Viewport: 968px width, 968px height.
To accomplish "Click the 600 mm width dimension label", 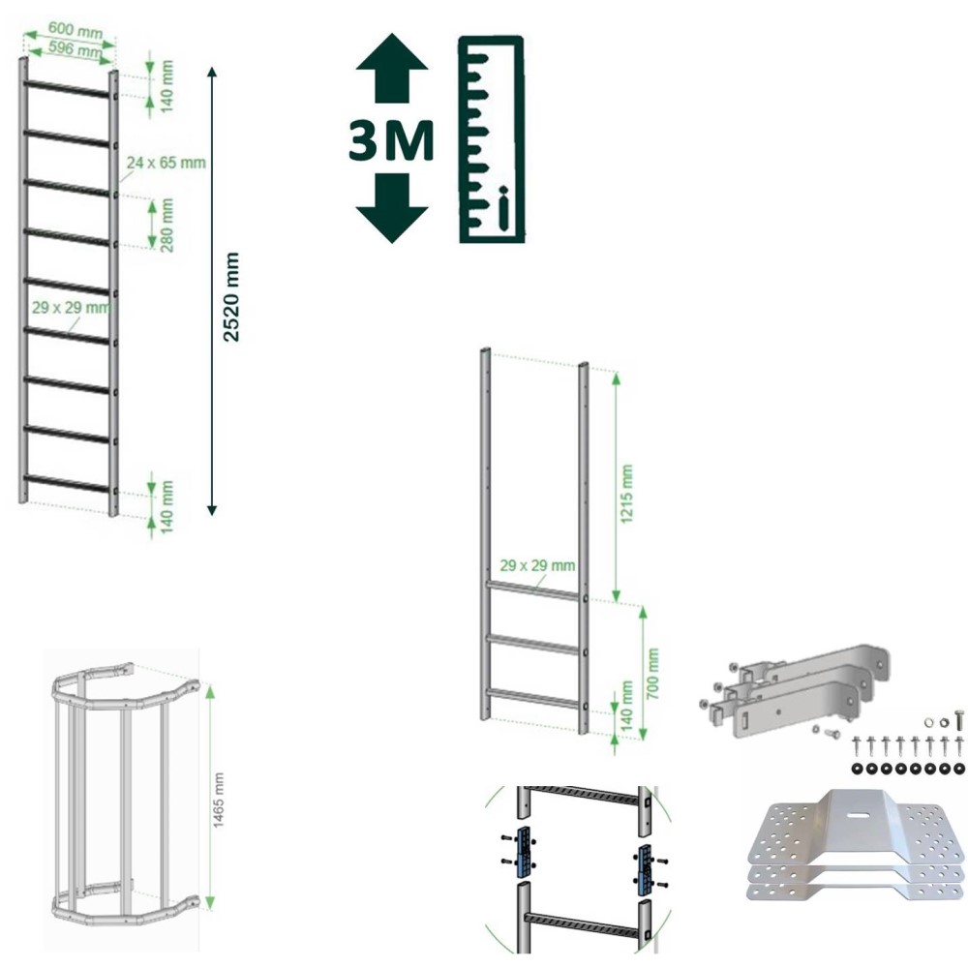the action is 76,30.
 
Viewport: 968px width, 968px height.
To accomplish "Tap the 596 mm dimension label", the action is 76,48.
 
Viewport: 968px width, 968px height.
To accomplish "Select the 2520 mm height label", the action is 231,297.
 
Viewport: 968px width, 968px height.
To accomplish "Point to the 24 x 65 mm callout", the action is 166,163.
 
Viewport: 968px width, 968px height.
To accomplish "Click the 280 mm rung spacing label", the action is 166,226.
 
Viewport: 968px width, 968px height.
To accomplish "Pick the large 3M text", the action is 391,141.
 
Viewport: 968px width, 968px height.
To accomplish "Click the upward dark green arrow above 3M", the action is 392,68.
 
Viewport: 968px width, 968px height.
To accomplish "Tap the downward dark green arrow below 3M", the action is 392,207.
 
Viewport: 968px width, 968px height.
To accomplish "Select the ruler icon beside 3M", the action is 492,139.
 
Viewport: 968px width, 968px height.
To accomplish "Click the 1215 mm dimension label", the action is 626,494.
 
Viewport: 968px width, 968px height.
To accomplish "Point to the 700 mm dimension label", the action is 652,673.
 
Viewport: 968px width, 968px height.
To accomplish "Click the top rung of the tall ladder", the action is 68,88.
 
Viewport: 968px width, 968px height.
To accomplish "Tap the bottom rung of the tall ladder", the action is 68,483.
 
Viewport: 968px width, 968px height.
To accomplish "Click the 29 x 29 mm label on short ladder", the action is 537,565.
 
